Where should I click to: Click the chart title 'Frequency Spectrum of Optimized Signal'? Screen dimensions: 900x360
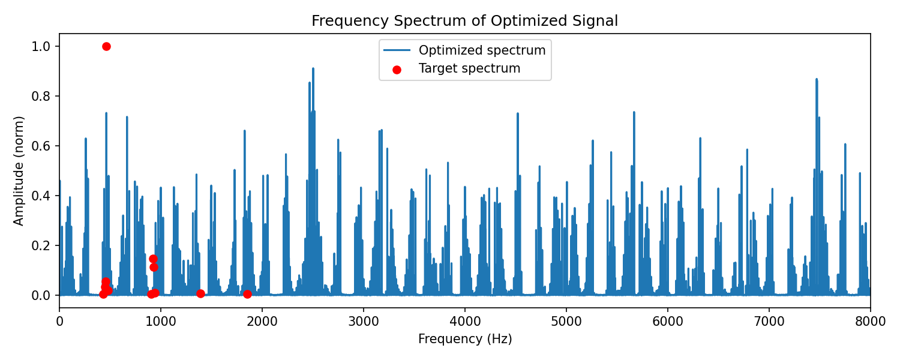tap(464, 21)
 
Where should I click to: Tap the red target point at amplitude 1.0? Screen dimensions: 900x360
tap(106, 47)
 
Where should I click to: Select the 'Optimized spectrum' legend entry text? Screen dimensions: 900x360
tap(482, 50)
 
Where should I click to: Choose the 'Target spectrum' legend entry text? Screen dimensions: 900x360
tap(469, 68)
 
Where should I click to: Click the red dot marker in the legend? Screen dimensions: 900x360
tap(397, 70)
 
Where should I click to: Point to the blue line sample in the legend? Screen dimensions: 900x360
tap(397, 50)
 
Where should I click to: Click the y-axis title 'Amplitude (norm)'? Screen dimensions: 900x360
tap(19, 171)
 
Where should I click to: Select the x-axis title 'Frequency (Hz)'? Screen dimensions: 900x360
tap(465, 339)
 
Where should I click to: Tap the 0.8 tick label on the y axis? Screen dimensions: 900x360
tap(41, 97)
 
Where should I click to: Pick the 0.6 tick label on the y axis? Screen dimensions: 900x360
tap(41, 146)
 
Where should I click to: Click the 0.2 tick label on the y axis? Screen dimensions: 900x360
tap(41, 245)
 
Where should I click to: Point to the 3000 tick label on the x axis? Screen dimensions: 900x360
tap(364, 322)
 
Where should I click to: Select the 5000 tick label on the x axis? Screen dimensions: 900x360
tap(566, 322)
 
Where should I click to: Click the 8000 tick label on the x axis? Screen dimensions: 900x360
tap(870, 322)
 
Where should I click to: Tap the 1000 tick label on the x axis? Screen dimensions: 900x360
tap(161, 322)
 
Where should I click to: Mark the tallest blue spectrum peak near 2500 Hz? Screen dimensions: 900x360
tap(313, 68)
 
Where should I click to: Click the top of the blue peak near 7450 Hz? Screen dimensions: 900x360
tap(817, 79)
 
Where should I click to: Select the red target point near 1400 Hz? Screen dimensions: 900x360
tap(200, 294)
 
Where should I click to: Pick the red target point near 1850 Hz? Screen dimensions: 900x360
tap(247, 294)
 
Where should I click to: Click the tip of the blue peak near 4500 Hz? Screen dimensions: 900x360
tap(517, 113)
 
